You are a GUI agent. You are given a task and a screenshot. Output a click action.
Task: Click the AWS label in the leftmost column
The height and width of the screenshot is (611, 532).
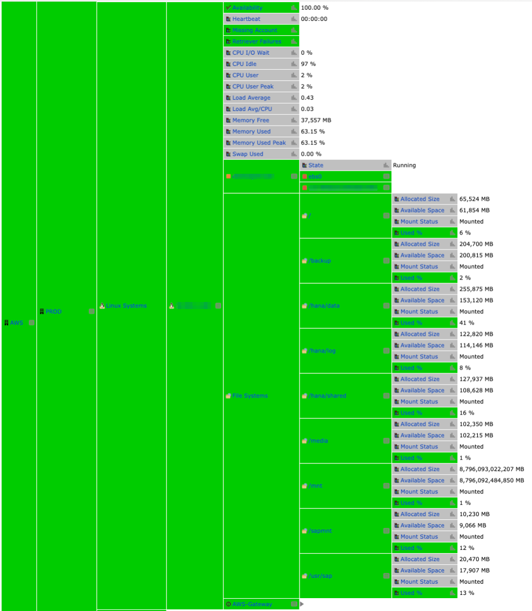[x=17, y=323]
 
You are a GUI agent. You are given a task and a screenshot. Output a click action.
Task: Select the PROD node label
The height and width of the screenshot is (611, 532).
[x=54, y=312]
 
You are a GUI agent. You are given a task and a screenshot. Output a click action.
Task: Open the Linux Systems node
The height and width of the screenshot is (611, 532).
[x=126, y=306]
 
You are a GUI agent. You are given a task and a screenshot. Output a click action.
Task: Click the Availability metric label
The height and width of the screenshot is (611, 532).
[x=247, y=8]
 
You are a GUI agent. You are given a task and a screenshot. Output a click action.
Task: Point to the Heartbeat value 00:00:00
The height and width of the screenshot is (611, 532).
[x=314, y=19]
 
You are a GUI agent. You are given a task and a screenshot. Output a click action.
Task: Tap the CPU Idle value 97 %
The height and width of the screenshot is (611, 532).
[x=308, y=64]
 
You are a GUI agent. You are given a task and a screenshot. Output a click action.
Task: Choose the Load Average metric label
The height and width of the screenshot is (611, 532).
[x=251, y=98]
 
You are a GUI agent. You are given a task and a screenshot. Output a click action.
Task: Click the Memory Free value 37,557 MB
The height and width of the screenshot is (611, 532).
[x=316, y=121]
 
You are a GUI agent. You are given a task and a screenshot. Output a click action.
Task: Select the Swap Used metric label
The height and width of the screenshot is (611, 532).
[x=247, y=154]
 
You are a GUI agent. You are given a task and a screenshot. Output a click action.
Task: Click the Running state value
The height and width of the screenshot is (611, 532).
[x=404, y=166]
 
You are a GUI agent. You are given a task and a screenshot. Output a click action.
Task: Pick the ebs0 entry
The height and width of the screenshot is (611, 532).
[x=315, y=176]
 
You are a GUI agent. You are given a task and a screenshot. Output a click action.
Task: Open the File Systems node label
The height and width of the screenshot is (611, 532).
[x=250, y=396]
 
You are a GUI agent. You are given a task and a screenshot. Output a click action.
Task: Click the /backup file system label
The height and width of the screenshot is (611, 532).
[x=320, y=261]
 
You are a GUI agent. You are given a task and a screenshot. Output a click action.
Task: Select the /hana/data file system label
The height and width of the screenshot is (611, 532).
[x=324, y=306]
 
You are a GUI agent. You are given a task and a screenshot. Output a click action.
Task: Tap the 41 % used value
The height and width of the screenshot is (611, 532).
[x=467, y=323]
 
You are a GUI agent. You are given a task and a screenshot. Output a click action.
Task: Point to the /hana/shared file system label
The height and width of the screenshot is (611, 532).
[x=327, y=396]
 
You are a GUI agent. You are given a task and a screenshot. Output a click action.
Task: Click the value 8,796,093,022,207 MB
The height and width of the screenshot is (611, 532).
[x=491, y=469]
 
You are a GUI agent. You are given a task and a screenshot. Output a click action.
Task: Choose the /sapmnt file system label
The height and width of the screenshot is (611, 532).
[x=320, y=531]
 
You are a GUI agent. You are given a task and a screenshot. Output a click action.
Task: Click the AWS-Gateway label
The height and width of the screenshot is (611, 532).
[x=252, y=604]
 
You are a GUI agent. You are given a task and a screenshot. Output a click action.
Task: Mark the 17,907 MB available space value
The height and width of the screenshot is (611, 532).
[x=474, y=571]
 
